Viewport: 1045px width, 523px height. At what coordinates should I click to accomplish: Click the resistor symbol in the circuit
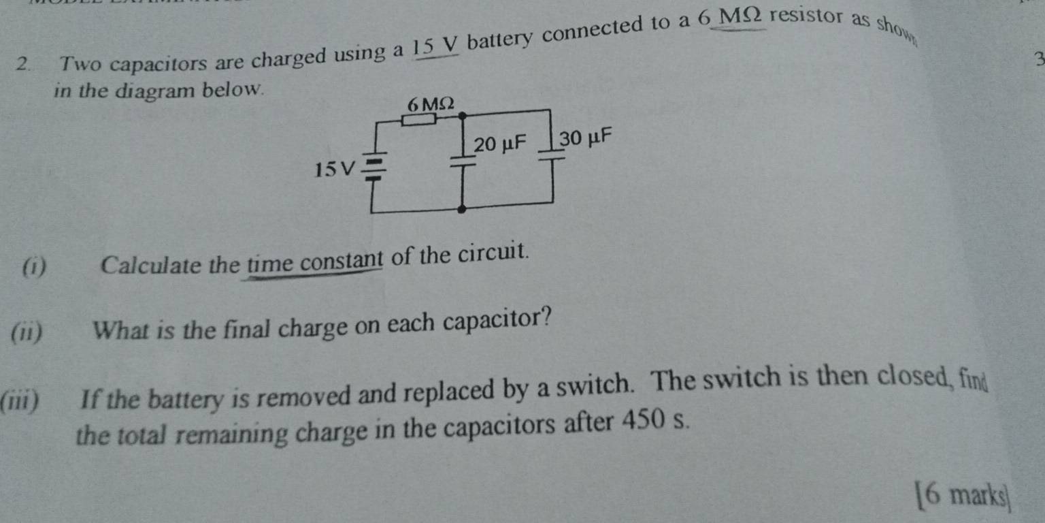419,120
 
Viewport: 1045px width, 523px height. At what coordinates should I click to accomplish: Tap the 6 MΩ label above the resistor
430,104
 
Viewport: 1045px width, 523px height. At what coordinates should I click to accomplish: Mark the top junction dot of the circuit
463,115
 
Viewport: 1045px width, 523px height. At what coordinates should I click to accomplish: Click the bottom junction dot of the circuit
462,209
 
